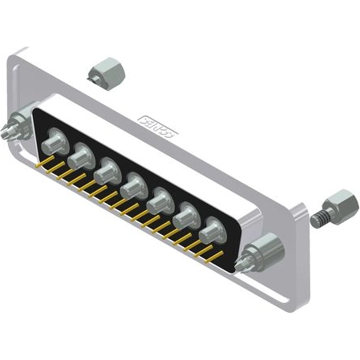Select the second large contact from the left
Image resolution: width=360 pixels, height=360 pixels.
(80, 157)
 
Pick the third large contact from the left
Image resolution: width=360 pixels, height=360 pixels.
(106, 170)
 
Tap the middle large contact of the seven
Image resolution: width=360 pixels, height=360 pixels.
(132, 184)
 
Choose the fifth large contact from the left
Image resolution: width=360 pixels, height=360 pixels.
(160, 199)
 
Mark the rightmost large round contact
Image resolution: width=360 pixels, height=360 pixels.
(211, 229)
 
